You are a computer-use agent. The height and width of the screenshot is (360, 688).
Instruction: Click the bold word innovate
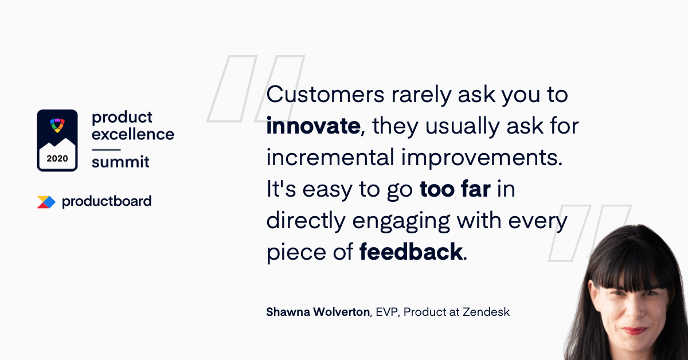pos(313,126)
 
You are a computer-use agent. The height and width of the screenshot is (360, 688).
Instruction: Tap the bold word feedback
pos(411,252)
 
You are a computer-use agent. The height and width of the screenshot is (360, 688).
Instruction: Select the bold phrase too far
pos(455,189)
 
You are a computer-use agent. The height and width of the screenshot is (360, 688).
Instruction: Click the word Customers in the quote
pos(325,95)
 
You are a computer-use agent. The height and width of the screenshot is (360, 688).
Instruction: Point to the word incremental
pos(330,157)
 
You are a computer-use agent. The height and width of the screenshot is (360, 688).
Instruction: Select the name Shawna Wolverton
pos(318,312)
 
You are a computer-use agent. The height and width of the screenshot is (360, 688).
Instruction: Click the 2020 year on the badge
pos(57,158)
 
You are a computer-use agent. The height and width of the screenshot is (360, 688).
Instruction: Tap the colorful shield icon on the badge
pos(57,126)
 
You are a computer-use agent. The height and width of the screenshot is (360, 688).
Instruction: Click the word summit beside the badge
pos(120,162)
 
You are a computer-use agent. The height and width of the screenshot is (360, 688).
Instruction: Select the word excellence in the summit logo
pos(133,134)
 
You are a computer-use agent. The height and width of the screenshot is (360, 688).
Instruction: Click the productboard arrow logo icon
pos(46,202)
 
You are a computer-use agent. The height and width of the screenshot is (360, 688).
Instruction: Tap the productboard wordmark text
pos(107,202)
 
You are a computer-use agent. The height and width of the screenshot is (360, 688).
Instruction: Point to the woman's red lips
pos(634,331)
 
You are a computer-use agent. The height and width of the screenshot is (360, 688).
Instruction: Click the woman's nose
pos(635,310)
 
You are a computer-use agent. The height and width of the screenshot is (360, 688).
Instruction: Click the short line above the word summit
pos(106,150)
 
